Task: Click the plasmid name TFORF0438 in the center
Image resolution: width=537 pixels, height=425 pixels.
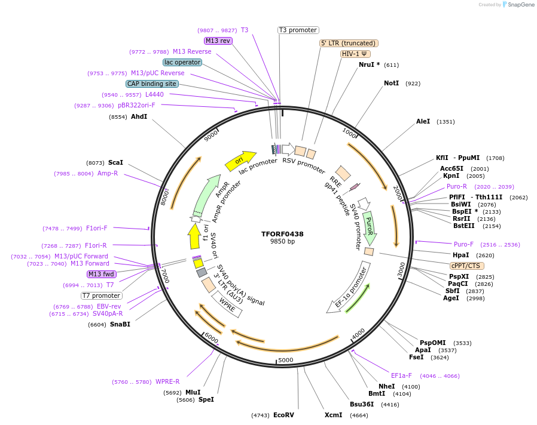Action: pos(282,234)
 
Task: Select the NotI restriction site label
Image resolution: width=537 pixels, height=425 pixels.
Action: pos(391,83)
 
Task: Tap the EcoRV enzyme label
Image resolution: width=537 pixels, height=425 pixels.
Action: pos(283,415)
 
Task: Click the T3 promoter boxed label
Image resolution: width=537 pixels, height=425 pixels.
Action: pos(298,30)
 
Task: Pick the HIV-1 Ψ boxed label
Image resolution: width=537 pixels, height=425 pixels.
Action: pos(355,54)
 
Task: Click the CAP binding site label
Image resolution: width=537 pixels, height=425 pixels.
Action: pos(152,84)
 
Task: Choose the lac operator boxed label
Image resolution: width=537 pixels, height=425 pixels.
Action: pos(182,62)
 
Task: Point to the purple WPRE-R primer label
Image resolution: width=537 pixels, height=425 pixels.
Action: pos(167,382)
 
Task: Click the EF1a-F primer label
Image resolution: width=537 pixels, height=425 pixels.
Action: pos(401,375)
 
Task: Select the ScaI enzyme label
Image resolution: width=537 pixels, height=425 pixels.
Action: pos(115,162)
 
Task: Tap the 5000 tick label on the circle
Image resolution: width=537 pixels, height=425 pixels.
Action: pos(286,360)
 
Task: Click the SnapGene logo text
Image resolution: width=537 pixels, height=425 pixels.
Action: pos(519,5)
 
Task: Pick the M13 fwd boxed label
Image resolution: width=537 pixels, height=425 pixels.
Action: pos(102,274)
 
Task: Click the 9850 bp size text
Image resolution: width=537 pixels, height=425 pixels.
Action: pos(282,242)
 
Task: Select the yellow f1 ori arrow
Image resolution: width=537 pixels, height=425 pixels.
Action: pos(194,236)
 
